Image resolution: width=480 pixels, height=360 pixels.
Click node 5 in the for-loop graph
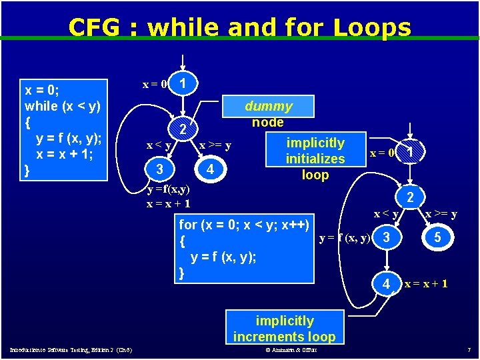point(436,238)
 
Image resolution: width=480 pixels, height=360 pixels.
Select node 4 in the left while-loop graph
point(210,170)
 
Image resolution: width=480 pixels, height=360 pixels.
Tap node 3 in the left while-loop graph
point(159,169)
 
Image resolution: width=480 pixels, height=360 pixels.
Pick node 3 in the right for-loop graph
point(385,238)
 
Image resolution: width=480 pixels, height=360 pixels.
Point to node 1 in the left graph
point(183,83)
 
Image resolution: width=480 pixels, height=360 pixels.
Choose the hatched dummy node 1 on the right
point(411,153)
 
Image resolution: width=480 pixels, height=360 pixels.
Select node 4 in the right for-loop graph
point(386,283)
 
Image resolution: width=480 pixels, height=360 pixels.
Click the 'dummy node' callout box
point(268,114)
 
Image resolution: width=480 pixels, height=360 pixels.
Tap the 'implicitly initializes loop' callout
point(315,159)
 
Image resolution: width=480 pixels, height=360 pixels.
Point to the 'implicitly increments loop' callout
point(284,329)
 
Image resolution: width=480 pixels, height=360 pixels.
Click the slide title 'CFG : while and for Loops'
point(239,27)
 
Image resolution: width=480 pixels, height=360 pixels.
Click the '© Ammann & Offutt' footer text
point(291,350)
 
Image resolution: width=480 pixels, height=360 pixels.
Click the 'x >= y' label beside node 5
point(441,214)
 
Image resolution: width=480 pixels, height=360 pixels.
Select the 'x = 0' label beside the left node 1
point(155,84)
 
